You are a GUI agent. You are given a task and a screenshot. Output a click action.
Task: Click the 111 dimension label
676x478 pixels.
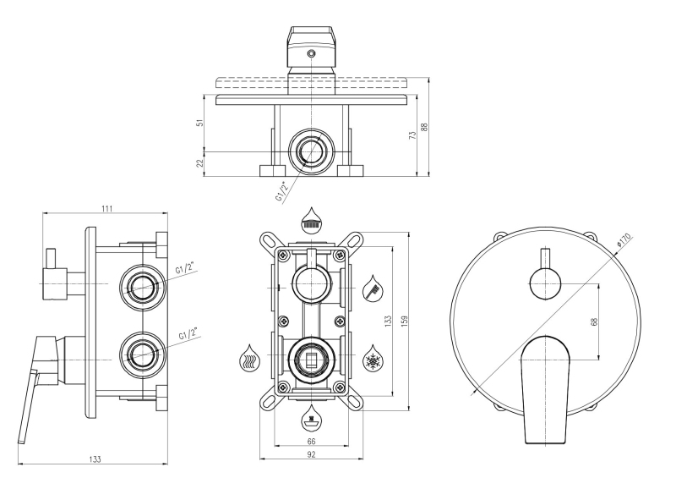click(x=107, y=209)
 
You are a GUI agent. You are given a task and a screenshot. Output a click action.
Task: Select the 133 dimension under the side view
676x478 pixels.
click(x=95, y=459)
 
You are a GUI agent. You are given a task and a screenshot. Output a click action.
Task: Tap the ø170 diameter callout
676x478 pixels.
click(x=624, y=239)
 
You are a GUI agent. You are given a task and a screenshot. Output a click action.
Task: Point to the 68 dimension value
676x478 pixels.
click(x=595, y=321)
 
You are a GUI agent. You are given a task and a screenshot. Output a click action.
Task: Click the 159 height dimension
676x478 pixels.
click(x=404, y=321)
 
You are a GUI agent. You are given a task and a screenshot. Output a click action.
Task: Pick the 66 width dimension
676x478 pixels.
click(x=311, y=442)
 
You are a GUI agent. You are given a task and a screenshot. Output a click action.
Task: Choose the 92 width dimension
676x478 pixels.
click(x=311, y=454)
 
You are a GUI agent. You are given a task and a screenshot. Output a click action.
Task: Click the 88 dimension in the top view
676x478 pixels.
click(x=425, y=127)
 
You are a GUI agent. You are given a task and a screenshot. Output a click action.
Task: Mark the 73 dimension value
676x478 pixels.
click(x=413, y=135)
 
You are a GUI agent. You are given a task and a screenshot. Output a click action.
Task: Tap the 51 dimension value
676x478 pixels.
click(x=199, y=123)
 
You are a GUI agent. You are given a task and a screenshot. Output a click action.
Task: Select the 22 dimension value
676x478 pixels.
click(x=199, y=163)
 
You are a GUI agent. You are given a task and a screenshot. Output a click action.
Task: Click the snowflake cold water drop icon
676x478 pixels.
click(x=372, y=358)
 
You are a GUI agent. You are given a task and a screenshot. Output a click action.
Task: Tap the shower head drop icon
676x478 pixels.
click(x=311, y=219)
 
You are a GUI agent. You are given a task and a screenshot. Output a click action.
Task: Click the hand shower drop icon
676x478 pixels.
click(x=372, y=288)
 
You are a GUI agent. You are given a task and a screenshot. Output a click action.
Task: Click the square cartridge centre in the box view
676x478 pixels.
click(x=311, y=358)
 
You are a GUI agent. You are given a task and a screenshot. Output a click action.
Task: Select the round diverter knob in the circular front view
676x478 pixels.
click(x=544, y=283)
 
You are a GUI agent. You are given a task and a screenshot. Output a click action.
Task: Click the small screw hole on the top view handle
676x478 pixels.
click(x=311, y=54)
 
